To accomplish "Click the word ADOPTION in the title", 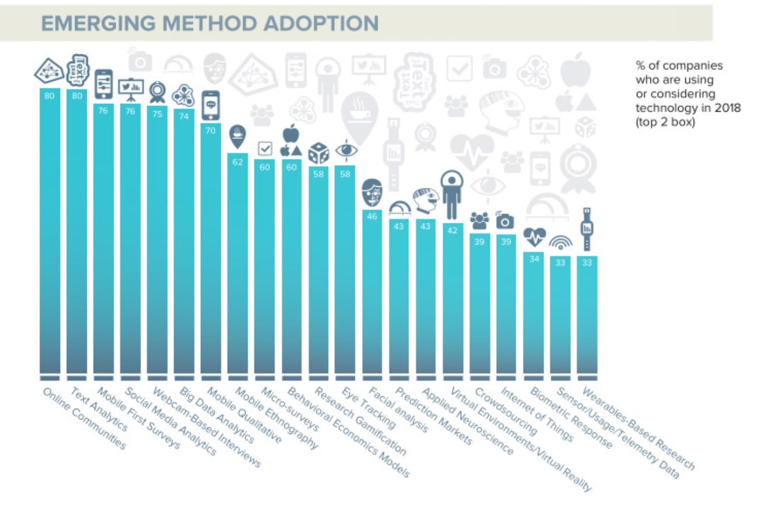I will (321, 23).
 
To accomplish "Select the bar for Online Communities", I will (50, 233).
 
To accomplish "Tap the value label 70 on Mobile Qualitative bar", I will (210, 131).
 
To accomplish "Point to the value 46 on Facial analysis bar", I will (372, 217).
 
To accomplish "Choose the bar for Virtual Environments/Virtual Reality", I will (452, 300).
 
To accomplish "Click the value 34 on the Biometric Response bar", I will (534, 259).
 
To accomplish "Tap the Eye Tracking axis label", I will (368, 409).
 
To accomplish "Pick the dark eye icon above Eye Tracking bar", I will (345, 151).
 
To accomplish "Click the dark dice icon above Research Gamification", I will (319, 153).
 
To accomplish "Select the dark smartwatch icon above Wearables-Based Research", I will (587, 228).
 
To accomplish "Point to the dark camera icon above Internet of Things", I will (505, 221).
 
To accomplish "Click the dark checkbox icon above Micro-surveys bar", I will (265, 148).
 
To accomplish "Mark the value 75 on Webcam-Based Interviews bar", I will (157, 113).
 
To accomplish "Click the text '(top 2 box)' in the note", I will (665, 122).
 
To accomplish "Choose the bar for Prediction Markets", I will (399, 300).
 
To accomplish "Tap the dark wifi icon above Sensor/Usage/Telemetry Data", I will (560, 242).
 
